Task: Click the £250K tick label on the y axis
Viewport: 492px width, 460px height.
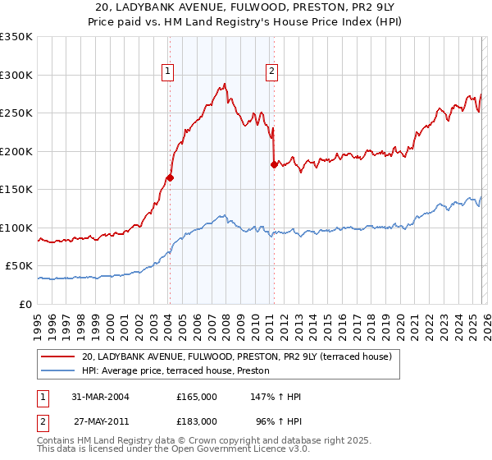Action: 16,113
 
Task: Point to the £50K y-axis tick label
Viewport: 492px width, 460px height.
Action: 20,265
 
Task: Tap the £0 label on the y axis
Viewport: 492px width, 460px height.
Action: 26,304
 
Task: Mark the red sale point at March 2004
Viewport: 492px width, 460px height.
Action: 170,177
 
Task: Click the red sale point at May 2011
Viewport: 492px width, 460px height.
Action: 273,164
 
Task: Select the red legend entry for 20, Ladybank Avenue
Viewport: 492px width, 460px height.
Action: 238,356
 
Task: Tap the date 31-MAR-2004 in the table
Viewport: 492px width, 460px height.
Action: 102,397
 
